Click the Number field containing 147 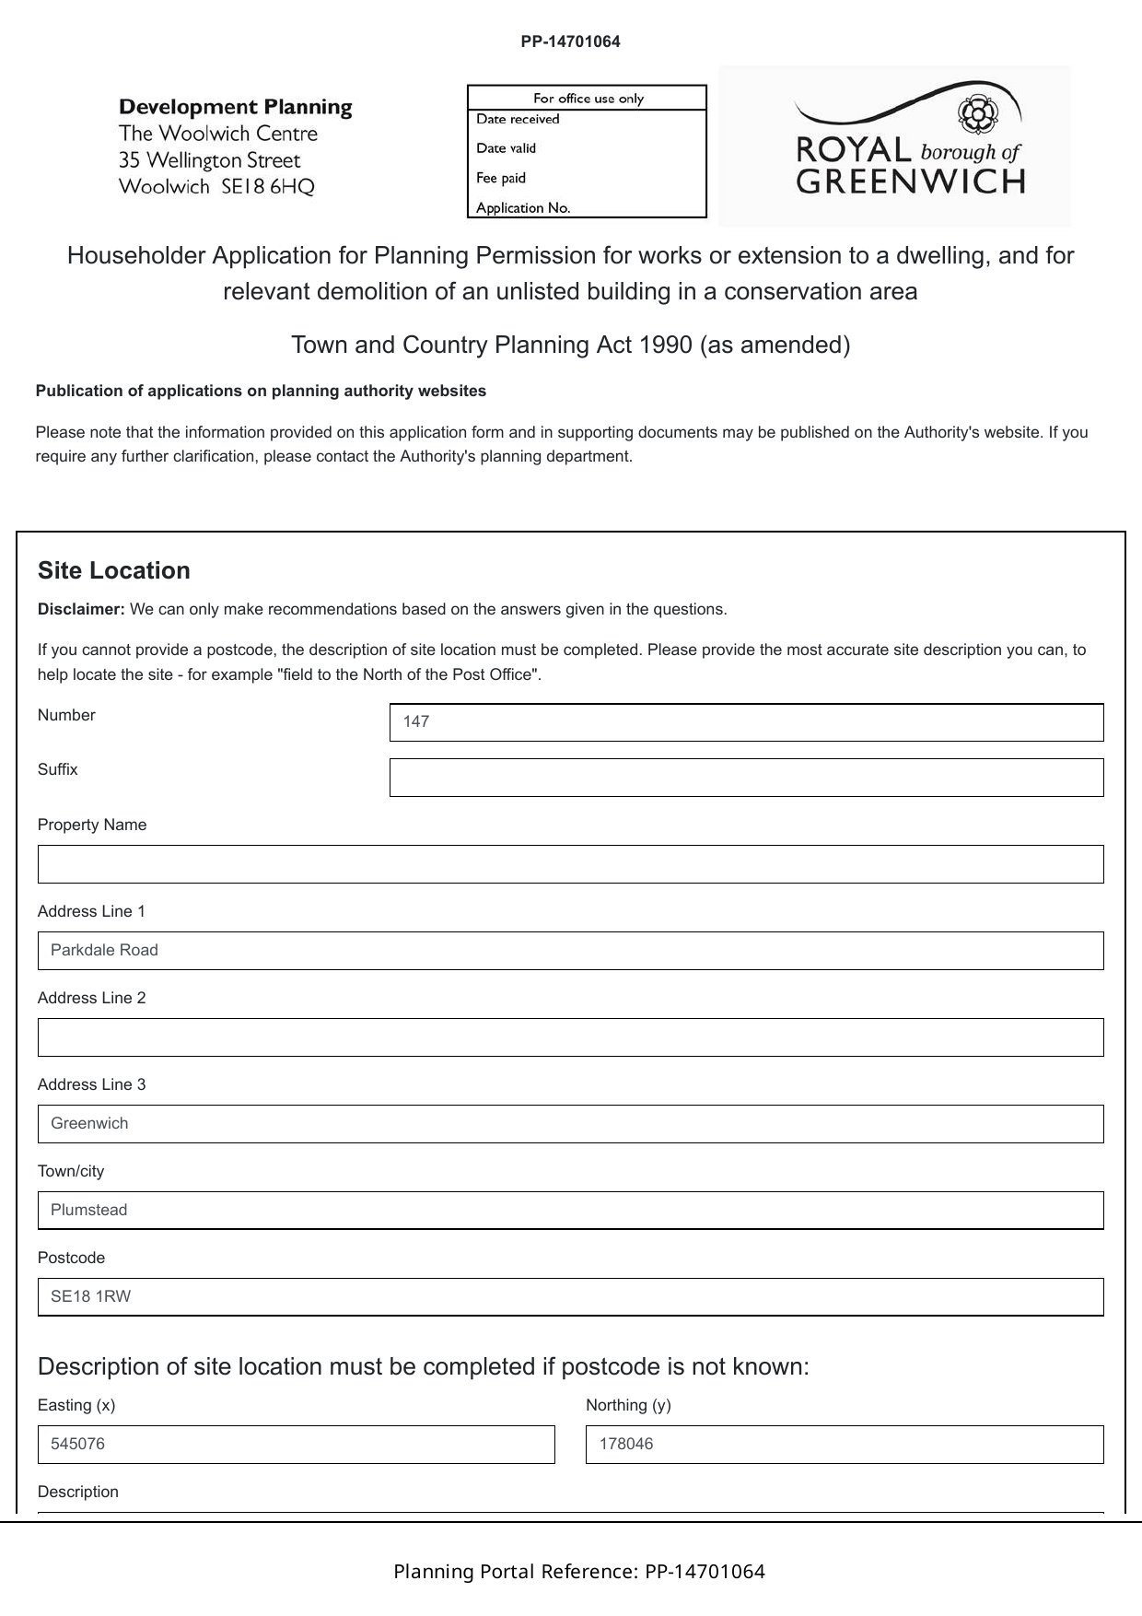[x=746, y=722]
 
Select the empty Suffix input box [x=746, y=778]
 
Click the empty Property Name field [x=570, y=864]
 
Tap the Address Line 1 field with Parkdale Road [x=570, y=951]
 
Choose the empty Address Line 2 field [x=570, y=1037]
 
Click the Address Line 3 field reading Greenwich [x=570, y=1124]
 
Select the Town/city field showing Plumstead [x=570, y=1211]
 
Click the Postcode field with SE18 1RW [x=570, y=1297]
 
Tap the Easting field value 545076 [x=296, y=1445]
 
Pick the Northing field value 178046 [x=845, y=1445]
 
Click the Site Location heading [x=114, y=571]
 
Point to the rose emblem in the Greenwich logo [x=973, y=113]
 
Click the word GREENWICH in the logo [x=911, y=182]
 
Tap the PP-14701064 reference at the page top [x=570, y=41]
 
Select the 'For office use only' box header [x=588, y=99]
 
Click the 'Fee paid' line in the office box [x=501, y=178]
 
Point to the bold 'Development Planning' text [x=236, y=107]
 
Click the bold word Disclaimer [x=81, y=609]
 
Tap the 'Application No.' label [x=523, y=208]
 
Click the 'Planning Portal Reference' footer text [x=579, y=1572]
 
